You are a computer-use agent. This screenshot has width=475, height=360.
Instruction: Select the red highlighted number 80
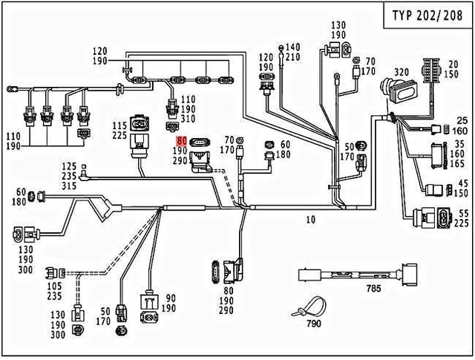(182, 140)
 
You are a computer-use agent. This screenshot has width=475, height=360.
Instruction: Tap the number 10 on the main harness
(311, 220)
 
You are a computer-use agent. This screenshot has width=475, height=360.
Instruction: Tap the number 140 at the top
(293, 47)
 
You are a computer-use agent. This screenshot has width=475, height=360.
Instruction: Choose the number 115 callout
(119, 125)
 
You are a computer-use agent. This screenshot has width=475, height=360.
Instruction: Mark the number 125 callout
(69, 166)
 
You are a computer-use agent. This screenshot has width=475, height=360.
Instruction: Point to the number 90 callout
(170, 298)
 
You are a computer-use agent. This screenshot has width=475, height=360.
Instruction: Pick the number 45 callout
(462, 183)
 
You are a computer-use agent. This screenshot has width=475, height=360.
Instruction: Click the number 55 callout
(462, 212)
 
